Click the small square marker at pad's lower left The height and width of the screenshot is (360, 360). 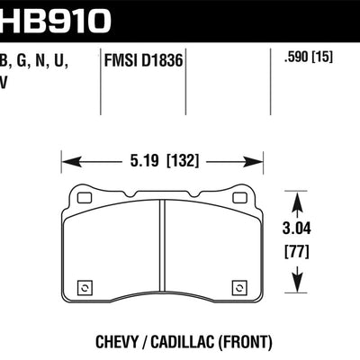[85, 288]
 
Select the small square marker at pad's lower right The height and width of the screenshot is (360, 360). [238, 288]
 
